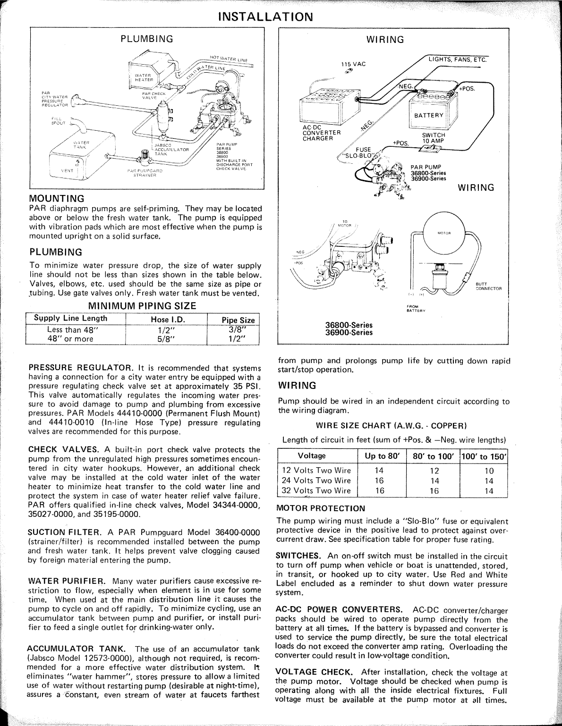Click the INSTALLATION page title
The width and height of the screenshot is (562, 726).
[x=265, y=17]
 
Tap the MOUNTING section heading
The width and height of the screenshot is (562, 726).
[x=57, y=198]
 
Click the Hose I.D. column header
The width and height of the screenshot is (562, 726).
[x=167, y=320]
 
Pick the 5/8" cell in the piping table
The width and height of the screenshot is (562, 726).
[x=166, y=338]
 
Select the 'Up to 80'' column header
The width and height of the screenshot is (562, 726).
[x=382, y=456]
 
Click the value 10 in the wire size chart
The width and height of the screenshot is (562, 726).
[x=489, y=471]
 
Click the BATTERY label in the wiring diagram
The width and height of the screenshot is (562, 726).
[x=429, y=115]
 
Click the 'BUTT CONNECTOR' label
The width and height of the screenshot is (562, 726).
[x=488, y=286]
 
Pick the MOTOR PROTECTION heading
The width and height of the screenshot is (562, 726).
[x=321, y=508]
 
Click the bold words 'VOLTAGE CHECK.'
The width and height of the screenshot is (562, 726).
[x=314, y=672]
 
